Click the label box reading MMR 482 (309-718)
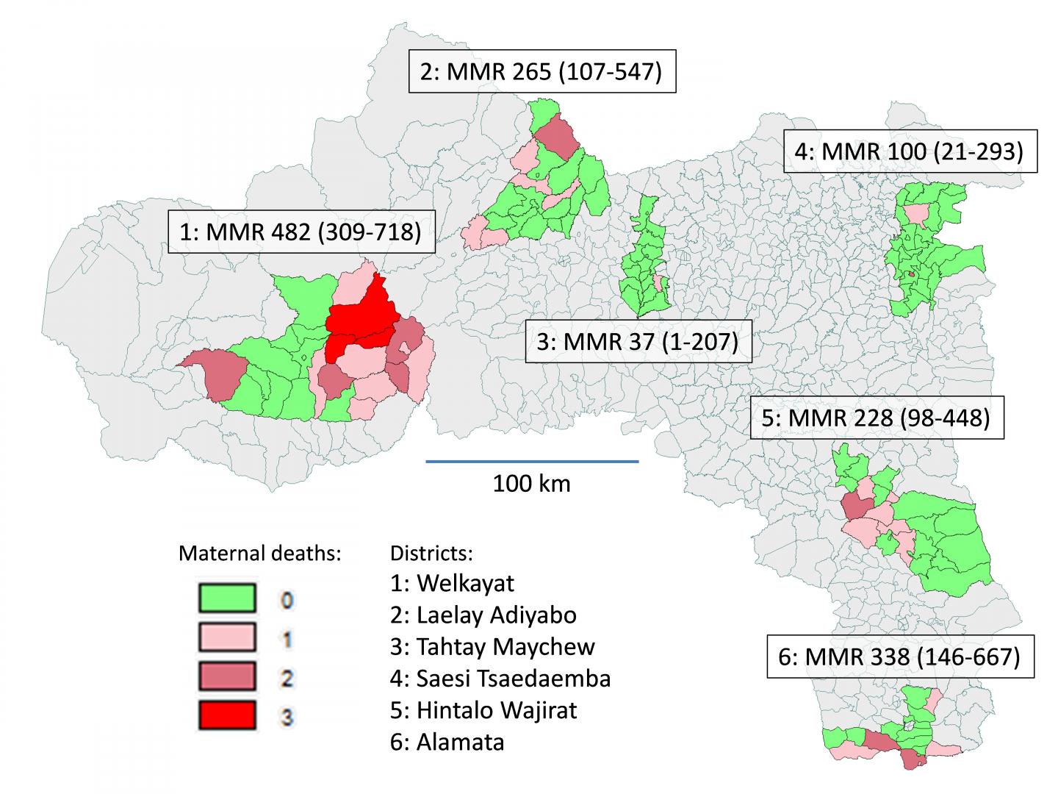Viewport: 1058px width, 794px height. [301, 232]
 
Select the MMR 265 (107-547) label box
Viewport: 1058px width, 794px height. [541, 71]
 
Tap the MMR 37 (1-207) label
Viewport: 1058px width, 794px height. [638, 342]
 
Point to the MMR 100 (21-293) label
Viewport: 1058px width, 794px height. [910, 151]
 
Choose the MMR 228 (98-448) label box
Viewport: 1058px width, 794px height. [876, 418]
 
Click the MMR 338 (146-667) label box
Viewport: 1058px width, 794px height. [900, 657]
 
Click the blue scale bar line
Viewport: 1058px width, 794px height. [532, 461]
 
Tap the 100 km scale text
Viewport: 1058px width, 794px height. [531, 484]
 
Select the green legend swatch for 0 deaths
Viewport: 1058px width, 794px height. [227, 598]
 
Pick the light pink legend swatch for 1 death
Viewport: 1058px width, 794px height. [227, 637]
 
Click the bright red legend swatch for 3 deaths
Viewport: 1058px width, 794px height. [227, 715]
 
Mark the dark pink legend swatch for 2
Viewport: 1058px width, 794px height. [227, 676]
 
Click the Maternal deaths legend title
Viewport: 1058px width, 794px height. [259, 554]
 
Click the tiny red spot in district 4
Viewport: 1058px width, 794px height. [911, 273]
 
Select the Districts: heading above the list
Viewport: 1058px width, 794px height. [432, 552]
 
